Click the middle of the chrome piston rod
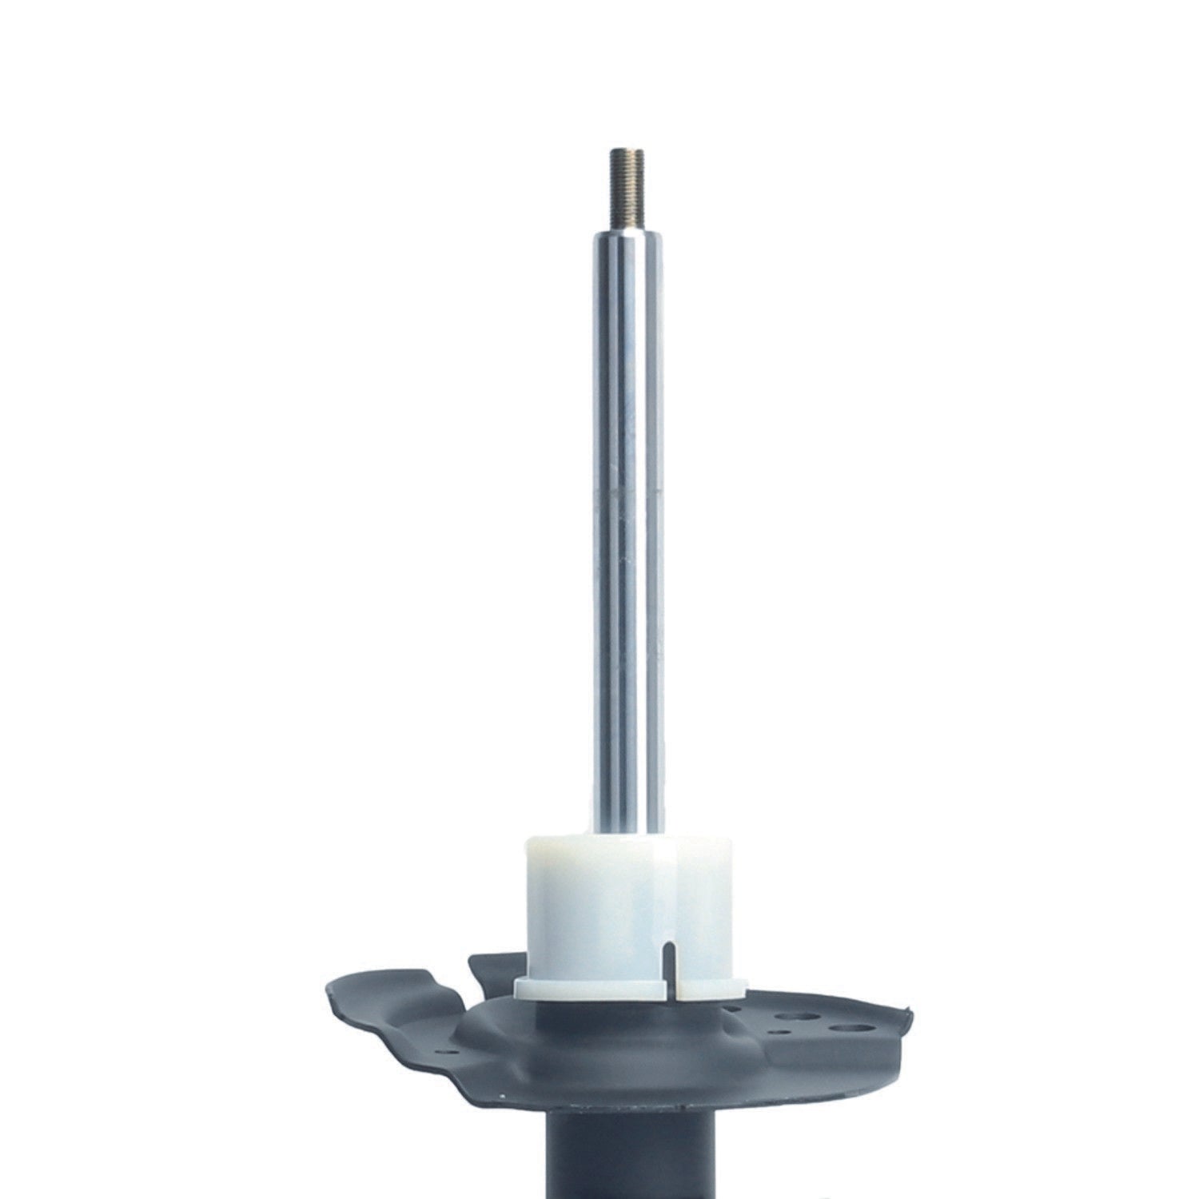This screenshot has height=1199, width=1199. coord(626,528)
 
